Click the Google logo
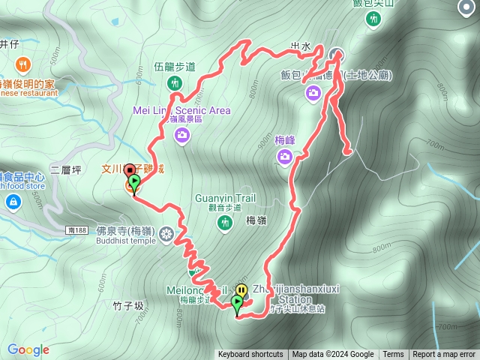(28, 349)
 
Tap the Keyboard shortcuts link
(250, 355)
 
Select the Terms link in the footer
(393, 355)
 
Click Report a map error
(445, 355)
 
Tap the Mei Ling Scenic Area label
(181, 110)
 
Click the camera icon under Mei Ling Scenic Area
(181, 135)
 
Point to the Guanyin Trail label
(225, 198)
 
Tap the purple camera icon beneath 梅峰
(285, 156)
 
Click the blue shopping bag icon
(13, 202)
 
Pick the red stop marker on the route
(129, 170)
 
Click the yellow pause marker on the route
(241, 290)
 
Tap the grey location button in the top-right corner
(465, 9)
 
